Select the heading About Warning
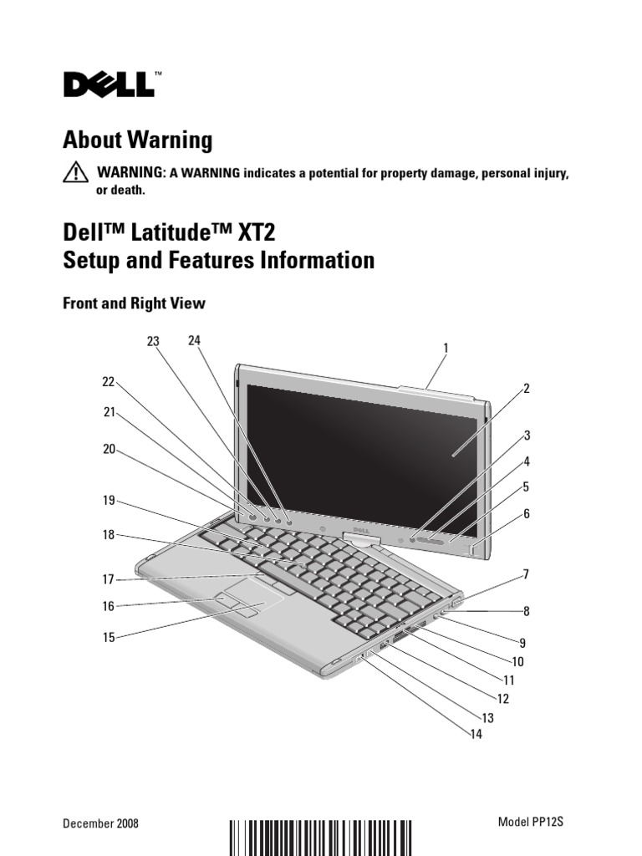coord(138,140)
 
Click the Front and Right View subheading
coord(134,304)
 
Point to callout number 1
coord(446,347)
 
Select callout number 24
coord(195,340)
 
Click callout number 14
coord(476,735)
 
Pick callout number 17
coord(108,578)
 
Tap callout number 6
coord(527,513)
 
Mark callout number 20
coord(108,449)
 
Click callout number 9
coord(522,643)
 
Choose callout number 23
coord(152,341)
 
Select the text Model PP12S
coord(531,822)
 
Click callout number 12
coord(502,698)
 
